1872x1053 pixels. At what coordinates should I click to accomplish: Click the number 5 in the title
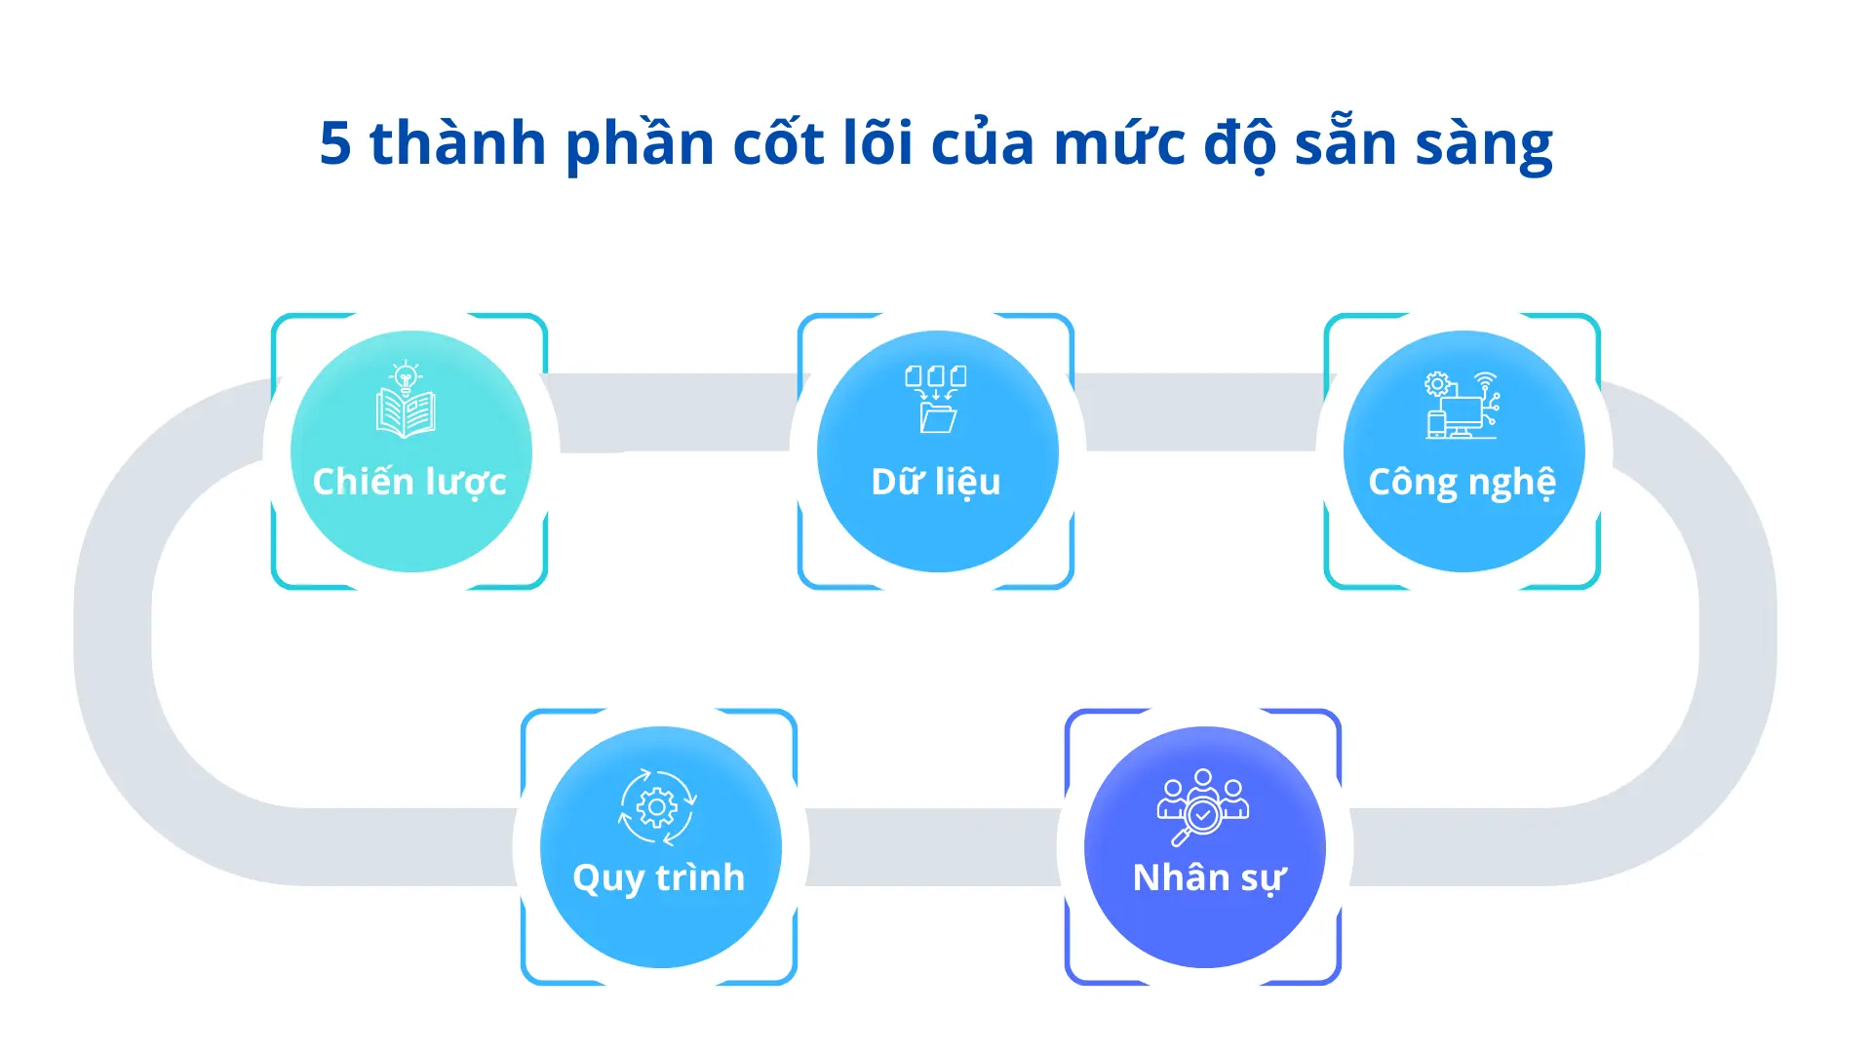tap(335, 143)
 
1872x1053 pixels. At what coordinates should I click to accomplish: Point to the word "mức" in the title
tap(1119, 143)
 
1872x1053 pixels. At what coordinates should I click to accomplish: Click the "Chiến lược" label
tap(409, 483)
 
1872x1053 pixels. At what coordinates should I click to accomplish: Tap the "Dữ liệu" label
tap(936, 482)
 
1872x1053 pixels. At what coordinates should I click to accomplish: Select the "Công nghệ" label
tap(1462, 483)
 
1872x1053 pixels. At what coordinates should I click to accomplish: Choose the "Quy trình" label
tap(659, 878)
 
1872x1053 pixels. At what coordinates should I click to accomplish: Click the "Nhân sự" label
tap(1209, 878)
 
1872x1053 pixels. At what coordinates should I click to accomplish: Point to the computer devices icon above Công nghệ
tap(1462, 405)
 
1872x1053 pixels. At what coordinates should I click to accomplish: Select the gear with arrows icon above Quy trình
tap(657, 807)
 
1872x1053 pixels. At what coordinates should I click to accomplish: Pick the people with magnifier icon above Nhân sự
tap(1203, 807)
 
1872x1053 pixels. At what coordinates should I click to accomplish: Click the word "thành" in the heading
tap(457, 142)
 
